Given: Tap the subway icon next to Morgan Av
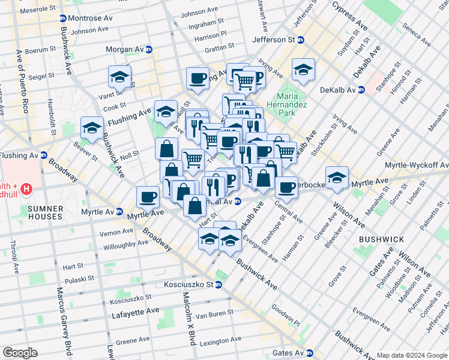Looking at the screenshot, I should (x=148, y=49).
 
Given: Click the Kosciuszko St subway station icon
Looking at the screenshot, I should (x=218, y=284).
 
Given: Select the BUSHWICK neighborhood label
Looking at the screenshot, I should (x=382, y=239).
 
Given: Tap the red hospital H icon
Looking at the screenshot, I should (x=26, y=190).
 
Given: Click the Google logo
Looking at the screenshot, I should (x=20, y=352).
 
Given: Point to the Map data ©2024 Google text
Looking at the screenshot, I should (x=412, y=355).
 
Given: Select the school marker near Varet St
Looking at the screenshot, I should (x=119, y=77).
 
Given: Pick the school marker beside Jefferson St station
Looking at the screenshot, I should (x=303, y=70).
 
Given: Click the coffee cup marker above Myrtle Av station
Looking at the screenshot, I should (x=148, y=196).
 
